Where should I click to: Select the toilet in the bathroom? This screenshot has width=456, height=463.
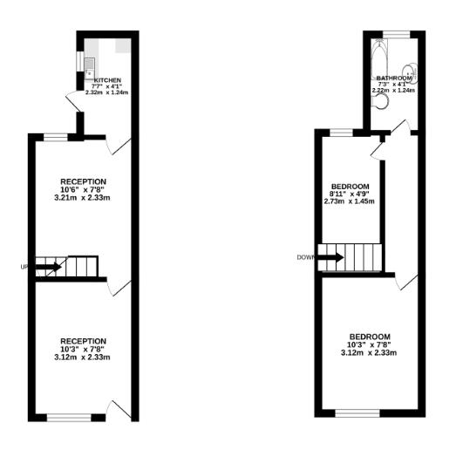tap(380, 100)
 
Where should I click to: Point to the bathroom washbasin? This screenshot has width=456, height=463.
tap(407, 71)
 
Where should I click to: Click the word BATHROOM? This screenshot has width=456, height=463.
tap(393, 78)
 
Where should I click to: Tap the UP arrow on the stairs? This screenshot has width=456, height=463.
tap(48, 266)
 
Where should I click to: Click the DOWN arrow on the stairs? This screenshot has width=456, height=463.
tap(330, 257)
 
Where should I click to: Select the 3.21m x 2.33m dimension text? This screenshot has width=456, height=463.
tap(85, 198)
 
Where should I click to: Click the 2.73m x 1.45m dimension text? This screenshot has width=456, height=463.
tap(349, 201)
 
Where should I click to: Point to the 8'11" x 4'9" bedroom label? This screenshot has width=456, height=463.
tap(349, 194)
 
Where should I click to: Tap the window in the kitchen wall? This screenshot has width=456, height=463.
tap(79, 62)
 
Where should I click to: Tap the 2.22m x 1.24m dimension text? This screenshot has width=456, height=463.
tap(393, 91)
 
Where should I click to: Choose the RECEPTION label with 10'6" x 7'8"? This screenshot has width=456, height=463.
tap(84, 181)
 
